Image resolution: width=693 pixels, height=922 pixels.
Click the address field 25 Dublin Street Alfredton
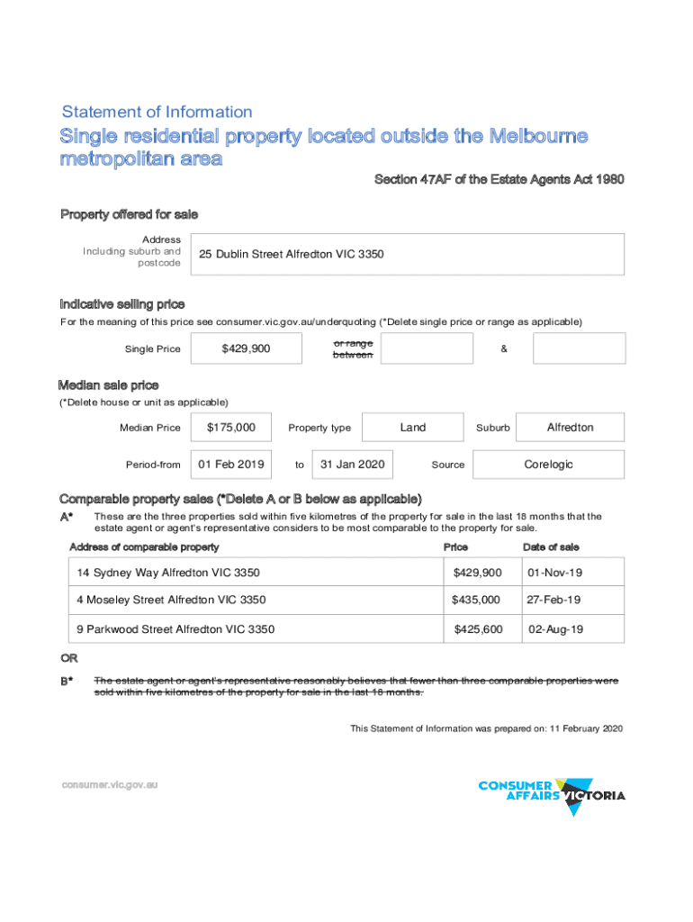pyautogui.click(x=405, y=254)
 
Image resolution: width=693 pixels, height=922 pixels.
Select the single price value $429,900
pyautogui.click(x=246, y=348)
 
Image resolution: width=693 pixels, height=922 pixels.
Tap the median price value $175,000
pyautogui.click(x=231, y=428)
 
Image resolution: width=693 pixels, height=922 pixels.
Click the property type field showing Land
pyautogui.click(x=413, y=428)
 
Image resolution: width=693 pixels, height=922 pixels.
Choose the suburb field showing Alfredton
pyautogui.click(x=571, y=428)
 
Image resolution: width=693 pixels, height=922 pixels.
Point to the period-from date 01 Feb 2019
pyautogui.click(x=231, y=465)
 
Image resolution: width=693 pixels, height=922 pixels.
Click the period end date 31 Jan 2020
pyautogui.click(x=353, y=465)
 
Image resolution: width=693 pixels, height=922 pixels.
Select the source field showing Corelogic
pyautogui.click(x=548, y=465)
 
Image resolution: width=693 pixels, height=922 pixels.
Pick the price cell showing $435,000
pyautogui.click(x=477, y=600)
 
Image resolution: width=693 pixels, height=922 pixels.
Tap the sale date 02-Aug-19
pyautogui.click(x=555, y=629)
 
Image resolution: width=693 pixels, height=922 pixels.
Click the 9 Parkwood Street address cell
pyautogui.click(x=175, y=629)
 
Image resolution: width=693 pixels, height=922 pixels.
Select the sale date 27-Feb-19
pyautogui.click(x=554, y=600)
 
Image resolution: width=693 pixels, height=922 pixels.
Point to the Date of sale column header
pyautogui.click(x=551, y=547)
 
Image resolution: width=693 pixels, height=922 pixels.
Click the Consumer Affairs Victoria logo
pyautogui.click(x=552, y=794)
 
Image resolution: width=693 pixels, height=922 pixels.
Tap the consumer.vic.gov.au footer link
pyautogui.click(x=110, y=784)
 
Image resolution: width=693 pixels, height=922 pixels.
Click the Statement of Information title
pyautogui.click(x=157, y=113)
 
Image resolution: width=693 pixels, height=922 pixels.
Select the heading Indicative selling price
pyautogui.click(x=122, y=304)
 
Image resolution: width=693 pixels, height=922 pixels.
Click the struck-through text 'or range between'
pyautogui.click(x=353, y=349)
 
